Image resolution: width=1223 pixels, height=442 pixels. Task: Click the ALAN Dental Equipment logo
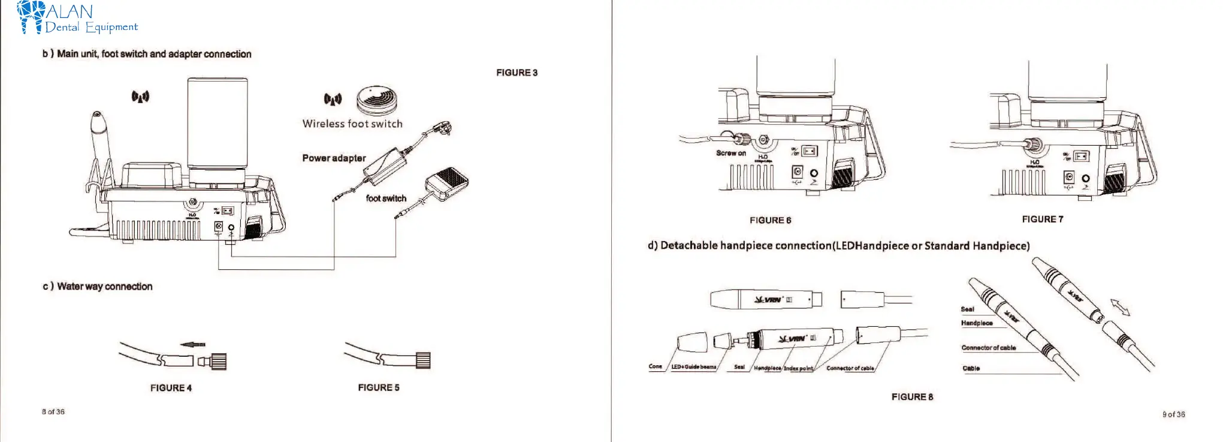tap(78, 18)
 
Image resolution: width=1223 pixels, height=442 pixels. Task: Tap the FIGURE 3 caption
tap(517, 73)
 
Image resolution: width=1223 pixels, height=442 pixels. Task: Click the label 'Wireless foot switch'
tap(352, 124)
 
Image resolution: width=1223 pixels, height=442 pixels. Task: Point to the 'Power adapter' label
tap(334, 158)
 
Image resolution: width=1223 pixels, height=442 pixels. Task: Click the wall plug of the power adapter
tap(443, 128)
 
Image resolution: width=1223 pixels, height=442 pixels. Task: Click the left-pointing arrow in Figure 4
tap(193, 344)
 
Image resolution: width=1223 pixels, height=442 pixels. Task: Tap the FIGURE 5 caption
tap(378, 387)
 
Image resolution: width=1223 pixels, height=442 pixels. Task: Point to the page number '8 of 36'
tap(53, 412)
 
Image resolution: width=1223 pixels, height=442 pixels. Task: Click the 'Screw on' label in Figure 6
tap(730, 153)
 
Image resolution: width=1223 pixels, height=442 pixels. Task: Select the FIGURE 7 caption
tap(1042, 220)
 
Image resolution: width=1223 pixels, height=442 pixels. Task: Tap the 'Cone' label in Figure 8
tap(655, 366)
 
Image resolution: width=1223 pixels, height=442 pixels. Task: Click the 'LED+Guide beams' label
tap(693, 366)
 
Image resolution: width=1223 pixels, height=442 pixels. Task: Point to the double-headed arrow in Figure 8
tap(1119, 308)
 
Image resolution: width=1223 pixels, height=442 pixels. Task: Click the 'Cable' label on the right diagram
tap(971, 368)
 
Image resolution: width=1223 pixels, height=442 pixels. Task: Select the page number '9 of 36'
tap(1173, 414)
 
